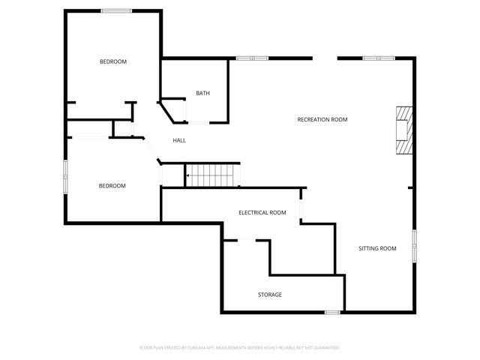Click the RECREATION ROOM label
322,120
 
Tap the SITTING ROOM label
377,248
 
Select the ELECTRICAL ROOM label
262,213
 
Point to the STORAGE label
270,295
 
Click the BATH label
202,94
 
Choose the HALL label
179,140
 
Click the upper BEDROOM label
113,61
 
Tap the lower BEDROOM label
112,186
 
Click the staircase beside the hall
212,175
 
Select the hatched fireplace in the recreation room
404,130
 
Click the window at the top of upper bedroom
116,10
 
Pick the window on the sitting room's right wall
414,247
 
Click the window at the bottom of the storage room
332,311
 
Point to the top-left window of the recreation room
252,58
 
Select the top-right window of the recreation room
378,58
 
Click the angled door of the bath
171,110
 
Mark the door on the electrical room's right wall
301,205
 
